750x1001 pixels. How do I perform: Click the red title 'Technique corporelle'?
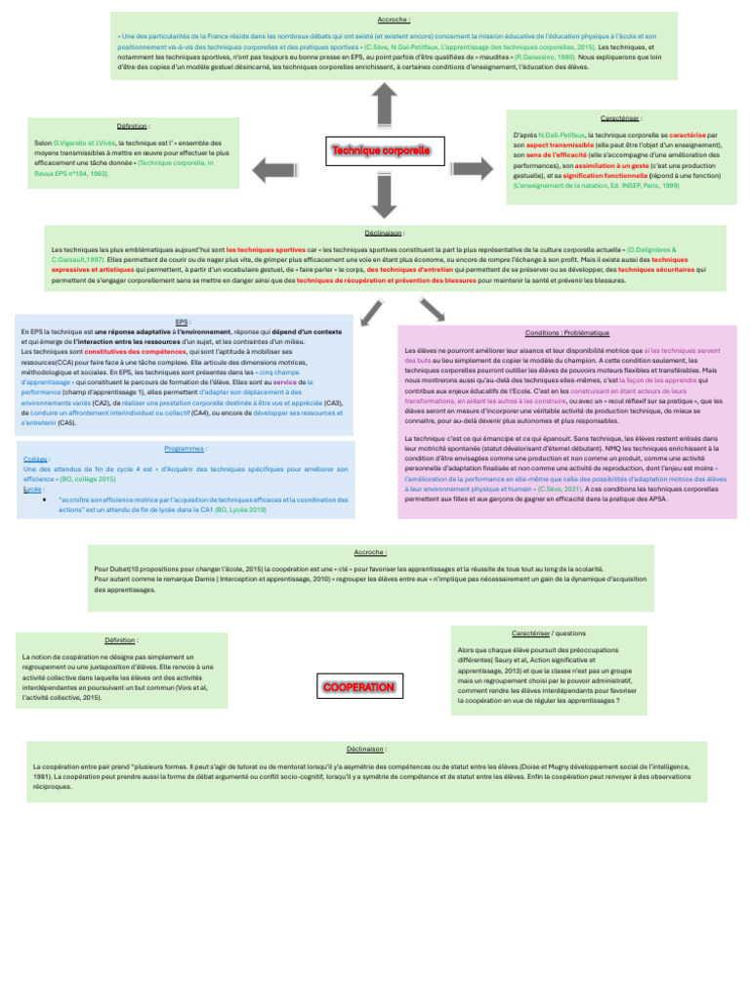pos(380,152)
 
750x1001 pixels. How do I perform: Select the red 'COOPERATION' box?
pos(358,688)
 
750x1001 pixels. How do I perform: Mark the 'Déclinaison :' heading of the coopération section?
pos(365,749)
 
